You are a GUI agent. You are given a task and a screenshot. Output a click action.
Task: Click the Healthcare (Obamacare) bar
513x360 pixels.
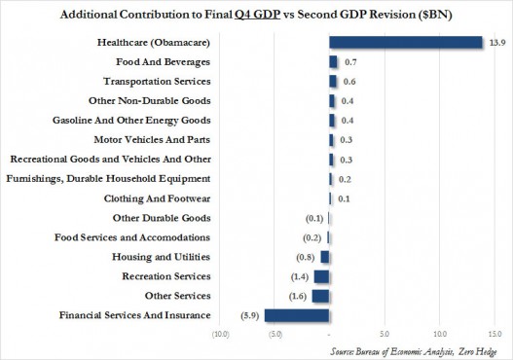point(406,42)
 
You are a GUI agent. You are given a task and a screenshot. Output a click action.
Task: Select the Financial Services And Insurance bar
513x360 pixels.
point(297,315)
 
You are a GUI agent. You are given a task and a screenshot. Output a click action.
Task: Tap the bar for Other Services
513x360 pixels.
point(321,296)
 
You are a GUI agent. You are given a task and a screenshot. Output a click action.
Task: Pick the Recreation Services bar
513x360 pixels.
point(322,276)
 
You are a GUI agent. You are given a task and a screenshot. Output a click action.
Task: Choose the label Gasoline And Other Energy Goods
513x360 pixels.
point(144,121)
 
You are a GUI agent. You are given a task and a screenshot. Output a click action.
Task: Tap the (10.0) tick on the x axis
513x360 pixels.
point(221,334)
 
